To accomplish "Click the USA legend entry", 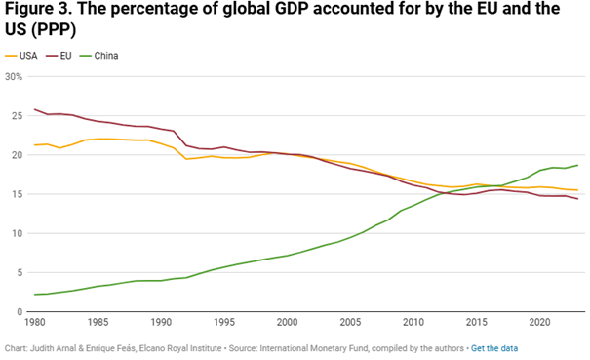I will pos(27,55).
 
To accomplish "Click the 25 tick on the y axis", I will pos(16,115).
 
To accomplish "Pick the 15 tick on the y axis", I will pos(16,194).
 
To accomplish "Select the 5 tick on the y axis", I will pos(18,272).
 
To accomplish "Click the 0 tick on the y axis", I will pos(18,311).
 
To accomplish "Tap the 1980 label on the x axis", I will pos(35,323).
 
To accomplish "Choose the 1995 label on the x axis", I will pos(224,323).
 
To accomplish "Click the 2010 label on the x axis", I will pos(413,323).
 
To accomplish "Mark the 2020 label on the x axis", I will pos(538,323).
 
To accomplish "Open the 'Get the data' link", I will pos(494,348).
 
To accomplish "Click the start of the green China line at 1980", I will pos(35,294).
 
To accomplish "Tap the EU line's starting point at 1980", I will pos(35,109).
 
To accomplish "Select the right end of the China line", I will pos(576,165).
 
